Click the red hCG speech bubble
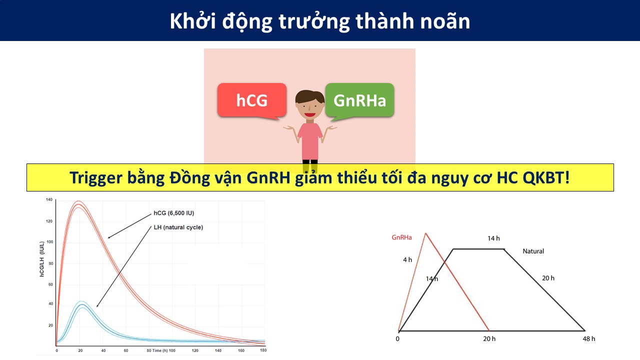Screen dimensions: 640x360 point(251,100)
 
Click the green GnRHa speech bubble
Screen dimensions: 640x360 point(359,100)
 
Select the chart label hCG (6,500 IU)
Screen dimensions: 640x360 point(173,213)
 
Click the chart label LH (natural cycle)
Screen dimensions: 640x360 point(178,227)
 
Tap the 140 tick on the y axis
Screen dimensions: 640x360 point(49,199)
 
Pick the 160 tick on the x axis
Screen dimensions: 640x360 point(241,350)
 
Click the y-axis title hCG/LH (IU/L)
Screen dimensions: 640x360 point(42,259)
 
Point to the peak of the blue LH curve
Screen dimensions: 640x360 point(82,304)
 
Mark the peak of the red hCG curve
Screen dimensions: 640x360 point(78,204)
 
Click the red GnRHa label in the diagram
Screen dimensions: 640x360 point(401,237)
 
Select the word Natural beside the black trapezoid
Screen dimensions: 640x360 point(533,251)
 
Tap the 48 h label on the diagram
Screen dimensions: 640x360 point(589,339)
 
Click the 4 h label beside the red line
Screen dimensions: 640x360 point(407,259)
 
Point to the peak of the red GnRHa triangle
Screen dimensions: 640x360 point(425,233)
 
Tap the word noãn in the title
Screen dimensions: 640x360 point(445,21)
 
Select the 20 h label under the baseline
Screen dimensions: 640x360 point(489,339)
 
